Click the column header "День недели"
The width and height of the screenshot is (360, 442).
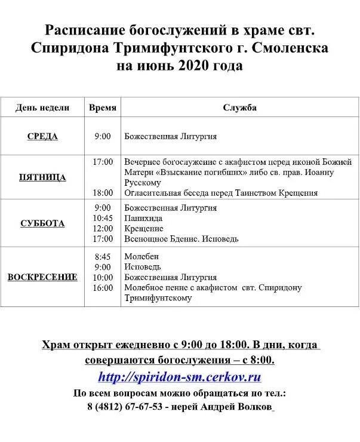pos(42,108)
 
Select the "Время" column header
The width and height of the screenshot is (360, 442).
pos(103,108)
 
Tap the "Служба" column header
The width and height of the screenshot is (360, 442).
pos(240,108)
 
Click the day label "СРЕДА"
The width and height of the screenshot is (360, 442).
pos(42,136)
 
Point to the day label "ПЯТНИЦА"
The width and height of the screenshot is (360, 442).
pos(42,177)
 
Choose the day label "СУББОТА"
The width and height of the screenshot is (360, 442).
pos(42,223)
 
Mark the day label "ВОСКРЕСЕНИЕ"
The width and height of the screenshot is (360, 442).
pos(42,277)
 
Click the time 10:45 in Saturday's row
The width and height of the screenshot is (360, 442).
pos(103,219)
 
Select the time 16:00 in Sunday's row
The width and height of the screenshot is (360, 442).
pos(103,288)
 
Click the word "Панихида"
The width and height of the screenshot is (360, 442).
pos(143,219)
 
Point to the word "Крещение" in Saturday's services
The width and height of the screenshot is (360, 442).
pos(144,229)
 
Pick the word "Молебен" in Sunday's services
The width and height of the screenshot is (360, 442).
pos(142,256)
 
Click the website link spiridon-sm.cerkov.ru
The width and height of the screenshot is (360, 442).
pos(180,377)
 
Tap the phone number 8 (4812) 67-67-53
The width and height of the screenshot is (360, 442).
pos(125,406)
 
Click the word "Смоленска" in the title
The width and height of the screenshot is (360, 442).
pos(293,47)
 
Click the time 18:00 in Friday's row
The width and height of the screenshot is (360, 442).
pos(103,193)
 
